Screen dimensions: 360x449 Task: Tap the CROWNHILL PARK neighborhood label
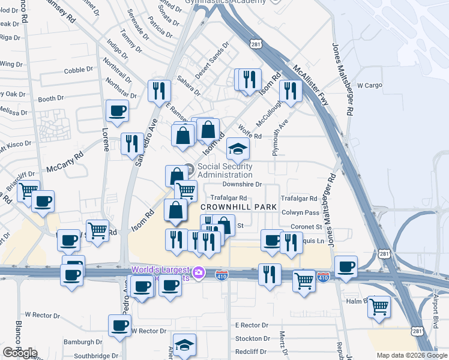click(x=238, y=207)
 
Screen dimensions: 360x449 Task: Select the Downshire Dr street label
click(x=243, y=185)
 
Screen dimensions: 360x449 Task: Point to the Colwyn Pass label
click(x=301, y=212)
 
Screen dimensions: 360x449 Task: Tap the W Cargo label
click(x=370, y=85)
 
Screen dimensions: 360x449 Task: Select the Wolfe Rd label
click(x=250, y=132)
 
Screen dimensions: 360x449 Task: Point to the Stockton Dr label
click(x=252, y=338)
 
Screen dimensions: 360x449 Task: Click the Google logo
click(x=19, y=353)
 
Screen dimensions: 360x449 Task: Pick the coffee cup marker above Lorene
click(x=117, y=110)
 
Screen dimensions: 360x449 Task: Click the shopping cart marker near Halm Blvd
click(x=379, y=307)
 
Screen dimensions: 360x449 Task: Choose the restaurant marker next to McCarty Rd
click(x=132, y=144)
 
